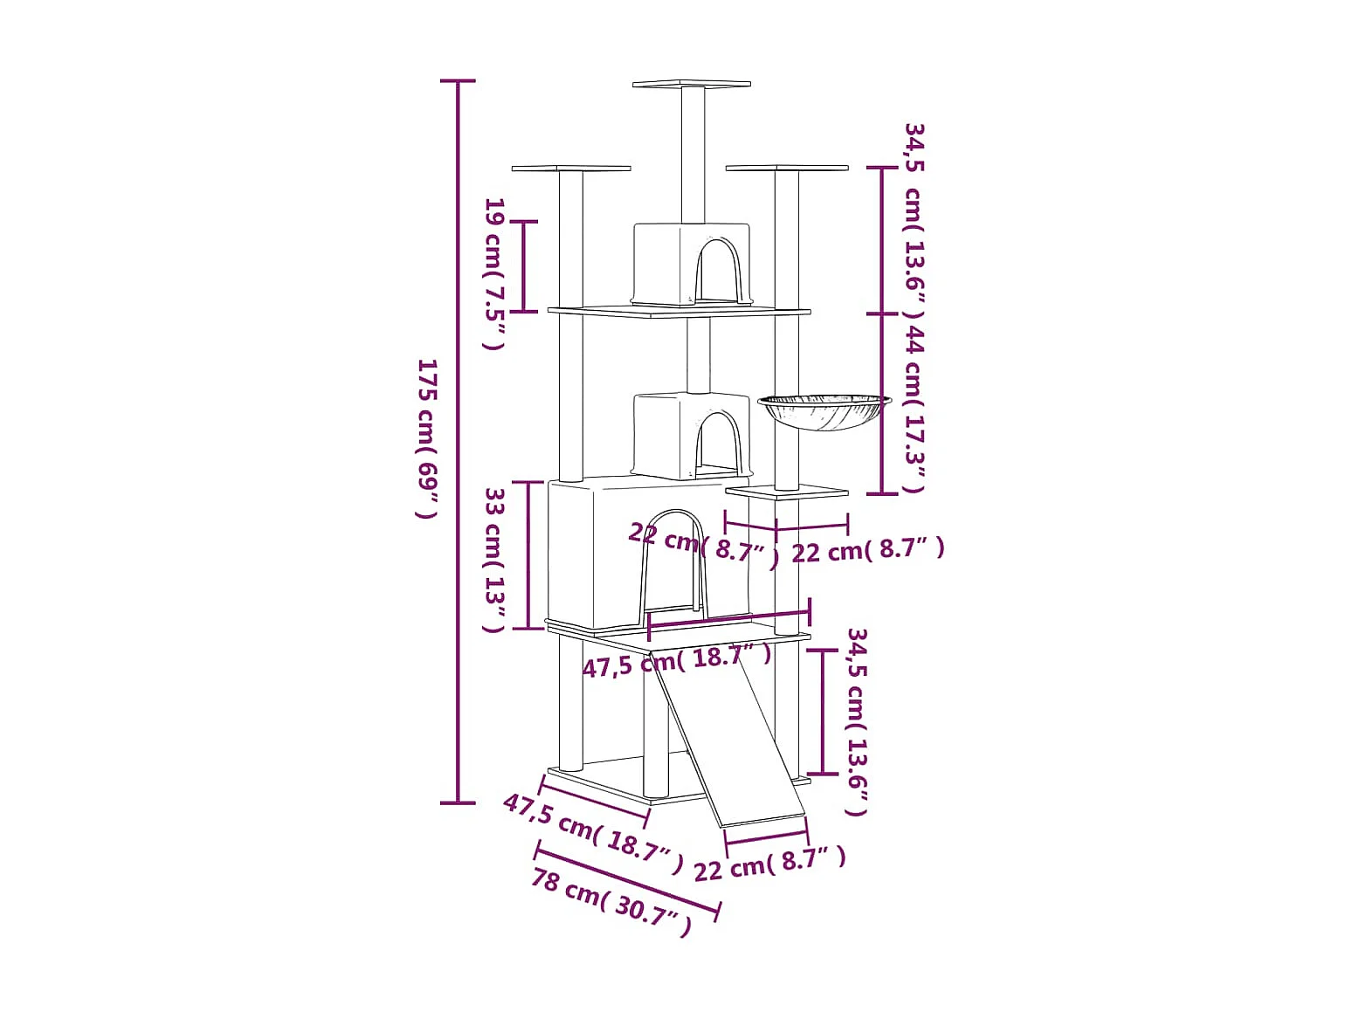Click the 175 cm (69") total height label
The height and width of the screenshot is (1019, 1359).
point(427,438)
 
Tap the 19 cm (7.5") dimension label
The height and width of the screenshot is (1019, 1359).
point(494,273)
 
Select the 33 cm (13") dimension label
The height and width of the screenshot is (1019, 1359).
point(494,560)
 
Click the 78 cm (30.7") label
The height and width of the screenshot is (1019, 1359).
point(611,904)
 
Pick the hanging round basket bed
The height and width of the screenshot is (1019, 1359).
point(824,411)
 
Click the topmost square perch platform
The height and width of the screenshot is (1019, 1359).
point(692,84)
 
